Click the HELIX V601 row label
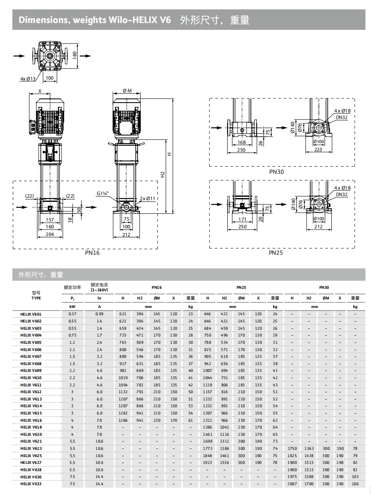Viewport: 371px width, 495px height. pyautogui.click(x=31, y=314)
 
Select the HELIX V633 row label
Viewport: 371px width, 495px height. pyautogui.click(x=31, y=483)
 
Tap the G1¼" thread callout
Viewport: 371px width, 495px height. pyautogui.click(x=102, y=193)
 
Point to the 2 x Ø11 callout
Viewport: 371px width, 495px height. pyautogui.click(x=148, y=198)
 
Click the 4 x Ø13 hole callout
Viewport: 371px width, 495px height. pyautogui.click(x=28, y=78)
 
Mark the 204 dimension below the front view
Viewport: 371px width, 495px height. pyautogui.click(x=50, y=234)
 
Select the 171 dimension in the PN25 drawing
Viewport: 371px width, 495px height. pyautogui.click(x=242, y=219)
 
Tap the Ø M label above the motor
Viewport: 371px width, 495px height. pyautogui.click(x=127, y=91)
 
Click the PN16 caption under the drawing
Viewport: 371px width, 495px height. pyautogui.click(x=92, y=253)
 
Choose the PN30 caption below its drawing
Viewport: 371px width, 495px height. pyautogui.click(x=276, y=172)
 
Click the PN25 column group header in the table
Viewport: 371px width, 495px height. pyautogui.click(x=241, y=288)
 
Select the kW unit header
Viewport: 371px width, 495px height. pyautogui.click(x=72, y=306)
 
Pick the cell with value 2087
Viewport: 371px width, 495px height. pyautogui.click(x=292, y=483)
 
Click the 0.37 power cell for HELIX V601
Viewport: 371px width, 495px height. pyautogui.click(x=72, y=314)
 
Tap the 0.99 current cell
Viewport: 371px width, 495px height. pyautogui.click(x=99, y=314)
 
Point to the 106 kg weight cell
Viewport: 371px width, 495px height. pyautogui.click(x=355, y=483)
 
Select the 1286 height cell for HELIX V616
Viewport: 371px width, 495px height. pyautogui.click(x=123, y=420)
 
